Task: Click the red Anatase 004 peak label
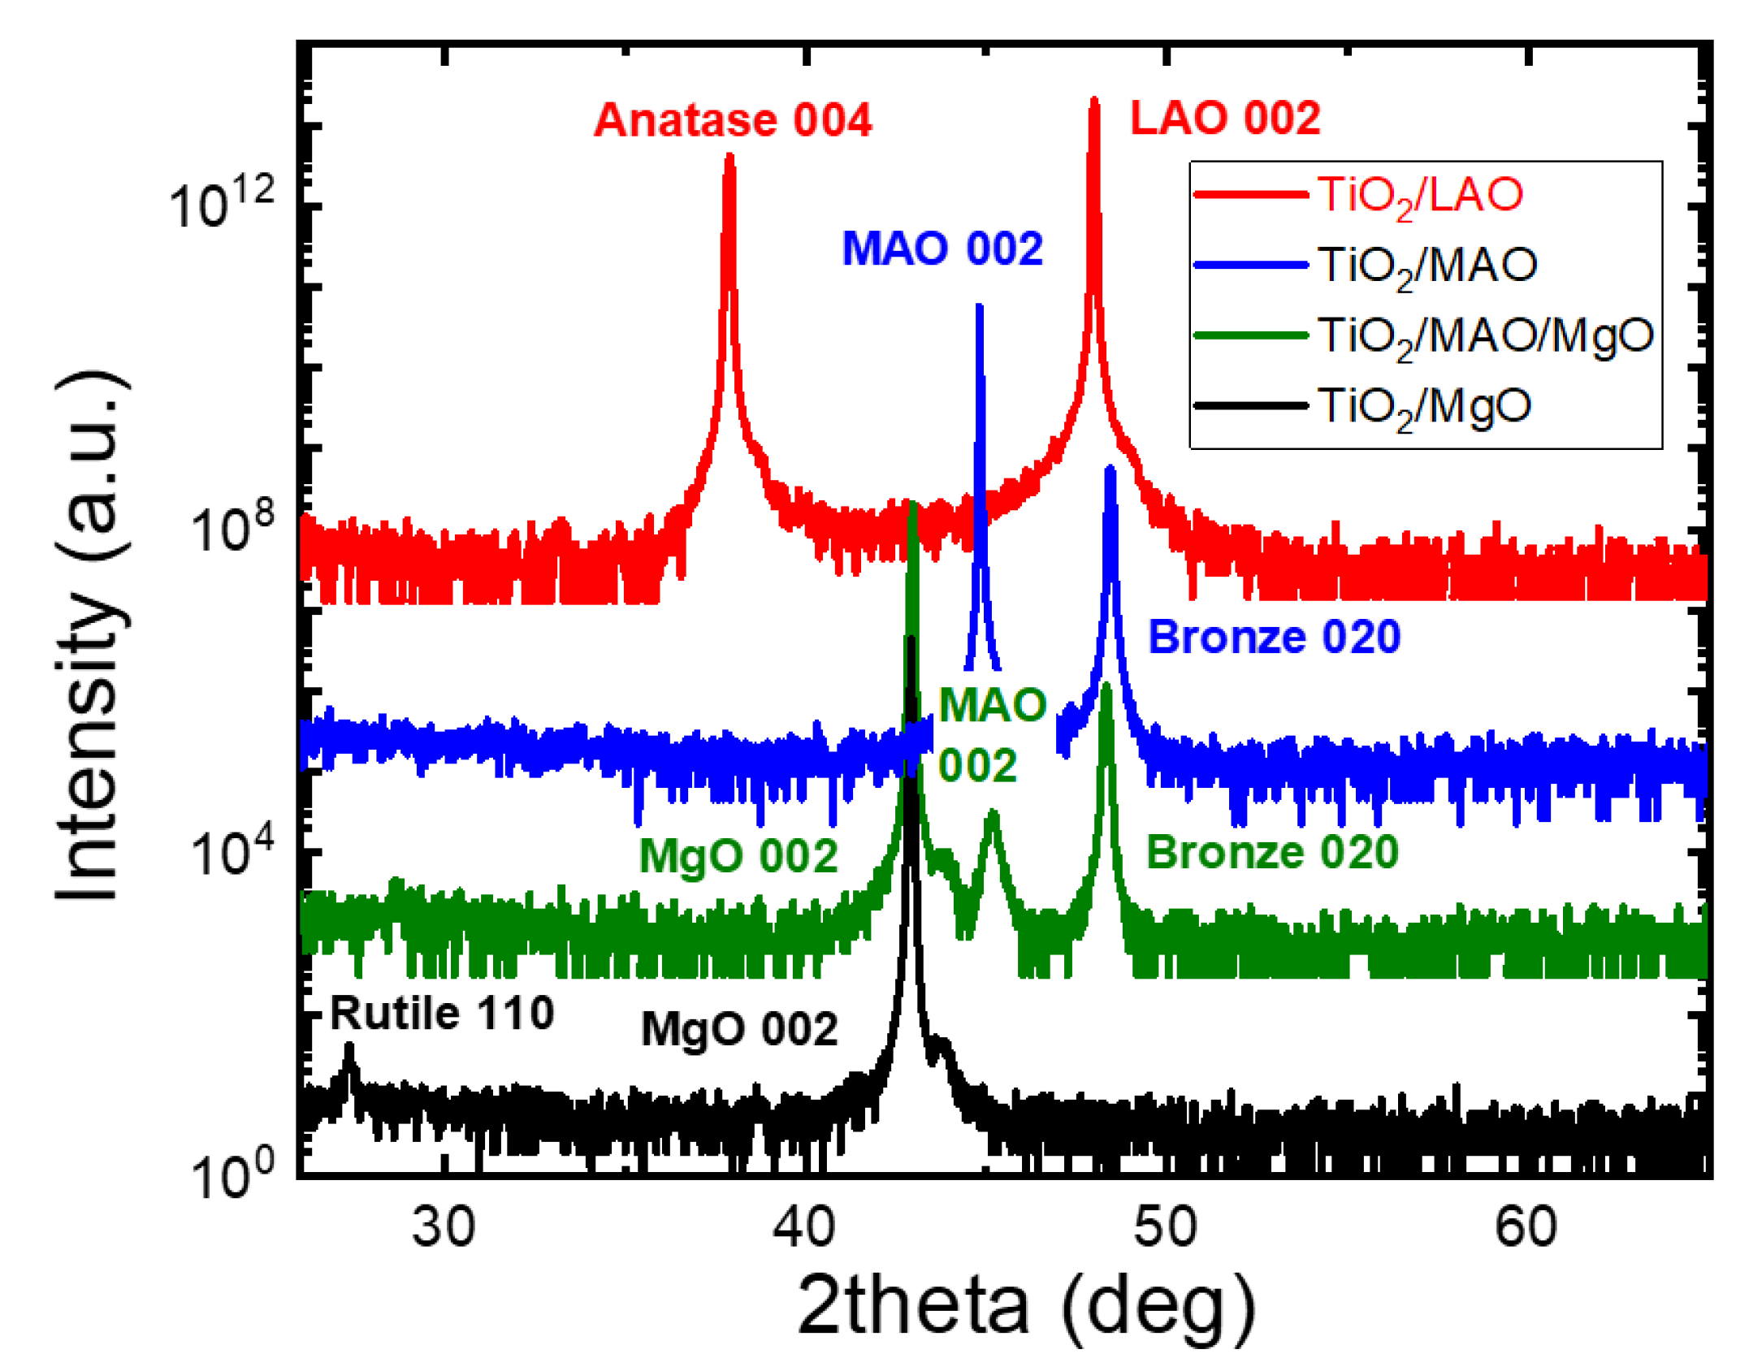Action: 732,120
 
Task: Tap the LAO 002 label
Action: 1224,118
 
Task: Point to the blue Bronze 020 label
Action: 1273,636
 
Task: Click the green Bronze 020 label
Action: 1271,851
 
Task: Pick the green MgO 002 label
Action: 738,855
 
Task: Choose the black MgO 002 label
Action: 738,1028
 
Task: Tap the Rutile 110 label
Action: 442,1013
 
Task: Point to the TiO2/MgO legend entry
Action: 1423,406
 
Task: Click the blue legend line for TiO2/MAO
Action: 1249,265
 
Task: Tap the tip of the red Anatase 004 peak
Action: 729,157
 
